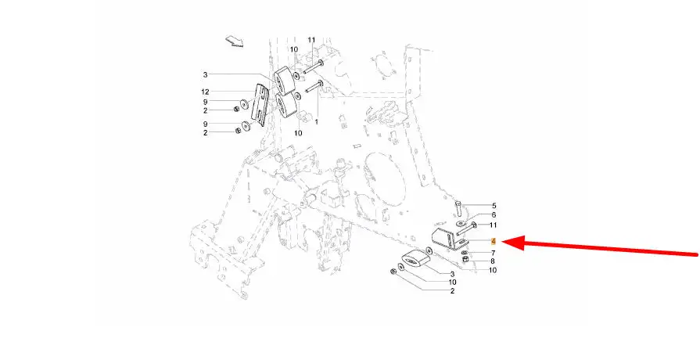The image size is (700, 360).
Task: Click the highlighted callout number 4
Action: pos(494,242)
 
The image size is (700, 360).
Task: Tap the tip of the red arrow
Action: pos(503,243)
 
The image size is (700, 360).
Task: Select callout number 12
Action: pos(205,92)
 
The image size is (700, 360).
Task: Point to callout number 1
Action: pos(317,121)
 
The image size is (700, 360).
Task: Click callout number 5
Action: pos(494,206)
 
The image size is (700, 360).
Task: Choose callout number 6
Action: pos(494,215)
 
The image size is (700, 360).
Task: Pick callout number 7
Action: pos(494,254)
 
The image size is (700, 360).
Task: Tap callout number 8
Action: pos(493,261)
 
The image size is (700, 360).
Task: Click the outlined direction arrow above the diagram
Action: pos(235,41)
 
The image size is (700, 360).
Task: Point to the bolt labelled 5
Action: pos(459,207)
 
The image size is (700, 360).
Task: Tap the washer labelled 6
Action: pos(460,222)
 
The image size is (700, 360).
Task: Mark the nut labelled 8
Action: pos(465,260)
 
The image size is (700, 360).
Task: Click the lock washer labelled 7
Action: pos(465,253)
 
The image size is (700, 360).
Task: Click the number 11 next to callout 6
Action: pos(493,225)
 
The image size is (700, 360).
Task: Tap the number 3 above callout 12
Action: pos(205,75)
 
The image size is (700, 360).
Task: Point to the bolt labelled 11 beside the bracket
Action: pos(466,228)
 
